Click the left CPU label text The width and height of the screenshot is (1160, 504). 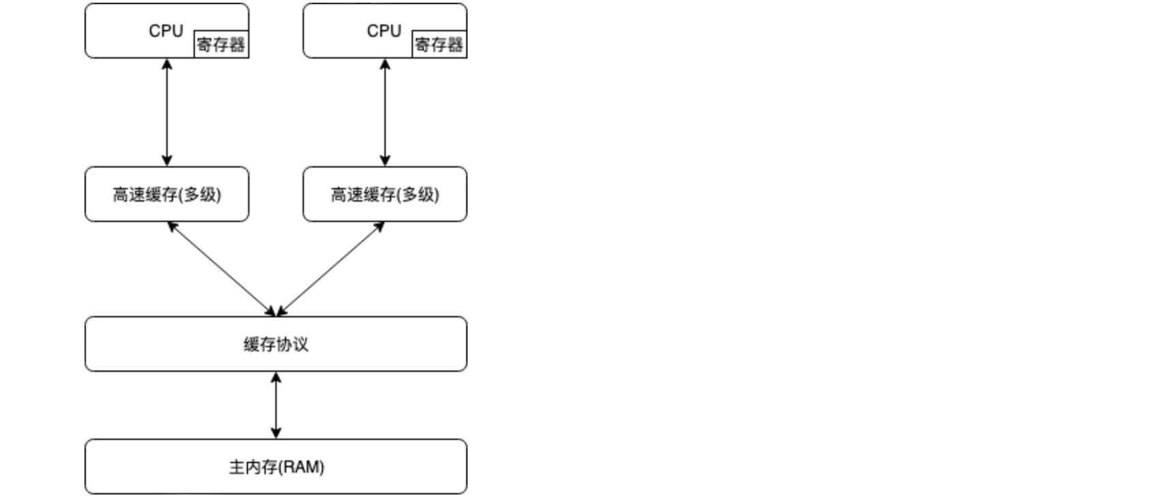point(166,31)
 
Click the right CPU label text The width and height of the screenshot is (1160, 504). point(384,31)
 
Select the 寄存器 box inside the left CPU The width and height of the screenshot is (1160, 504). point(221,44)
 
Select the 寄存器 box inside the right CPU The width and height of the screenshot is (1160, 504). point(439,44)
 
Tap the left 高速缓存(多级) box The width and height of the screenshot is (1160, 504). point(167,194)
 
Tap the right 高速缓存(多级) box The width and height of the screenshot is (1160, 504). point(385,194)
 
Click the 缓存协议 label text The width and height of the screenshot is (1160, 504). point(276,344)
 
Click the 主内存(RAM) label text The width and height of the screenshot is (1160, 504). point(276,467)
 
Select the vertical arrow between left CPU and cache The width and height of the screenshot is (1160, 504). point(167,112)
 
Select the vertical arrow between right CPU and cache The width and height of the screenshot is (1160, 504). point(385,112)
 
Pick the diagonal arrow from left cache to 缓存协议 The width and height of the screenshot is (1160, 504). point(222,269)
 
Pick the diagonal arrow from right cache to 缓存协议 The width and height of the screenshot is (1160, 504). point(331,269)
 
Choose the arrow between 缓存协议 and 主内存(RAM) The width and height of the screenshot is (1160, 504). point(276,405)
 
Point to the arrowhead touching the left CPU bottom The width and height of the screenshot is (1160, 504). point(167,64)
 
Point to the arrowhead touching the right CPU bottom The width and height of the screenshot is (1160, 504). point(385,64)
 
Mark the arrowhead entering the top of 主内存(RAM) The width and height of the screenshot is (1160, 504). point(276,433)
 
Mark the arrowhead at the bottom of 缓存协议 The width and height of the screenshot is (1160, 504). point(276,377)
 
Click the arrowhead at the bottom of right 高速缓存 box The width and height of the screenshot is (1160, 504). point(380,226)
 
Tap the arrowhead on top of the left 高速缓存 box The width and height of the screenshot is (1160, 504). point(167,161)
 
